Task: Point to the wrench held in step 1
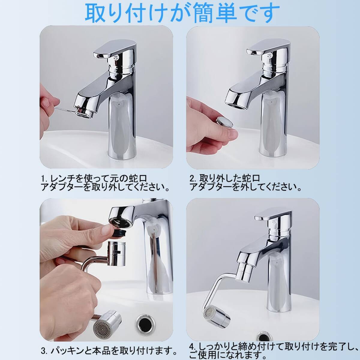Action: coord(64,110)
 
